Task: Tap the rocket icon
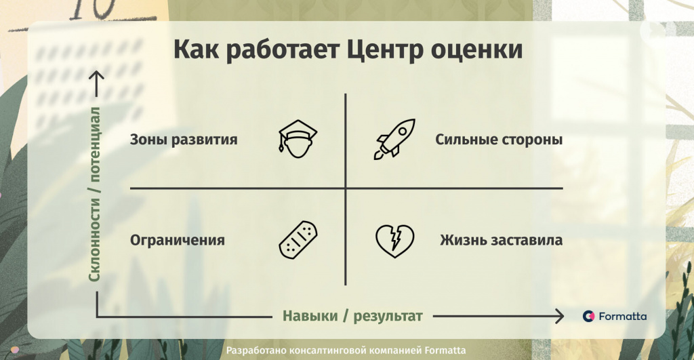point(394,139)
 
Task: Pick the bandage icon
point(298,239)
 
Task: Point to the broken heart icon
point(395,241)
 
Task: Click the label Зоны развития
point(184,140)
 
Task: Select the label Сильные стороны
point(499,140)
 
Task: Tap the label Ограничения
point(178,241)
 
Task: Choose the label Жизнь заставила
point(501,240)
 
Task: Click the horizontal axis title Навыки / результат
point(352,316)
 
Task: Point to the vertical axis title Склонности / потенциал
point(95,194)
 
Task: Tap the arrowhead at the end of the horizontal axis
point(561,316)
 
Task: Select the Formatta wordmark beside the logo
point(622,316)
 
